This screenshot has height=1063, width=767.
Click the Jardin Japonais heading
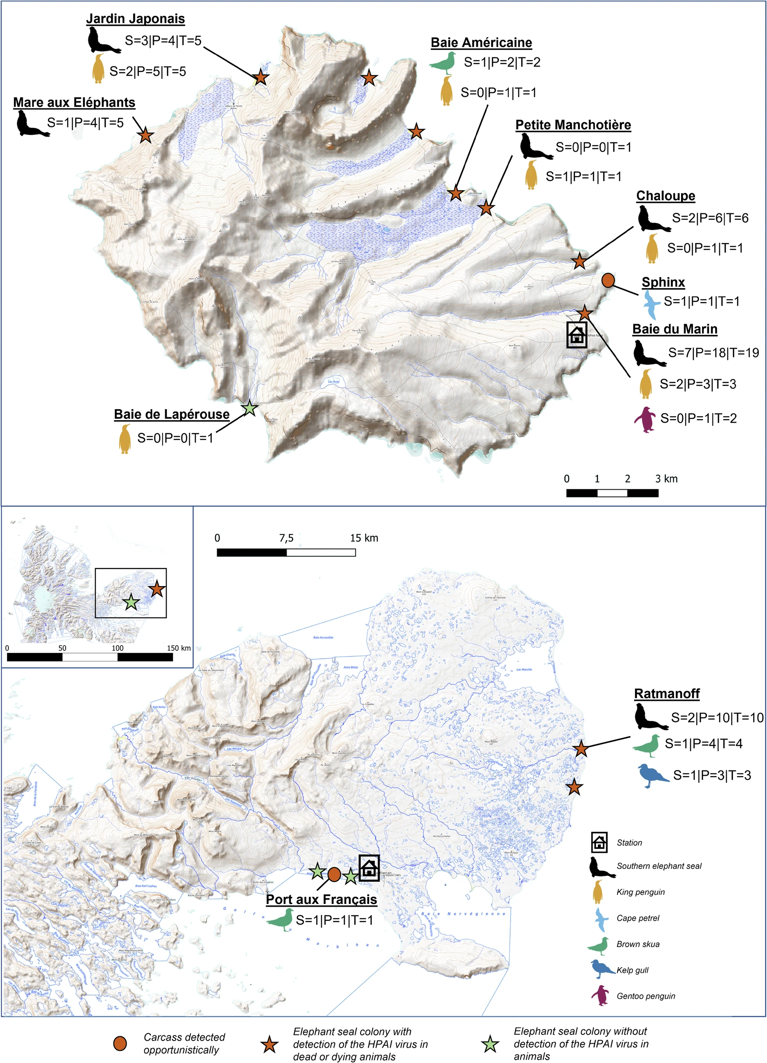(135, 19)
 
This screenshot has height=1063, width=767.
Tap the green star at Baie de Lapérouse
(249, 408)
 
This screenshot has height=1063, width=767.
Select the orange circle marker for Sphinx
(608, 280)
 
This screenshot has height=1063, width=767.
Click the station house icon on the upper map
(576, 335)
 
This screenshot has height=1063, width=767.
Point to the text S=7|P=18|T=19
(713, 353)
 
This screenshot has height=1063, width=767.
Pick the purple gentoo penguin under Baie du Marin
(645, 419)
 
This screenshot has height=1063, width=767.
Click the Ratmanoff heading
(667, 693)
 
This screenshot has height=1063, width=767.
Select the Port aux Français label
(321, 900)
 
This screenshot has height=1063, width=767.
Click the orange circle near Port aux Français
(334, 874)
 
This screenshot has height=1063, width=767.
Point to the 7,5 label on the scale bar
(286, 538)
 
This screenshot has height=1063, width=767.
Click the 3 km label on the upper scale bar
(666, 479)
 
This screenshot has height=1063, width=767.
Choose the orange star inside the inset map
(156, 589)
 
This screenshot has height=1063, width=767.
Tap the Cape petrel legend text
(638, 918)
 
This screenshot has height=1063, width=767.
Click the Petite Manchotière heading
(573, 125)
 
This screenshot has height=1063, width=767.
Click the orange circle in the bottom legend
(120, 1043)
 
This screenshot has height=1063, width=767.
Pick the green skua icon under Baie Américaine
(443, 62)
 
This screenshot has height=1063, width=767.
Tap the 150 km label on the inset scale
(179, 648)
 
